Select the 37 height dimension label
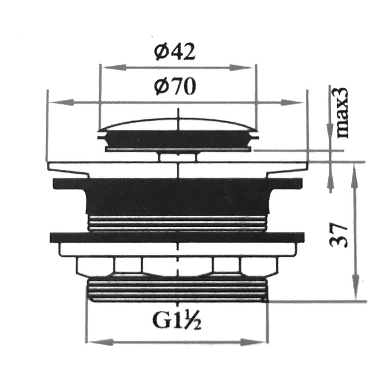(338, 235)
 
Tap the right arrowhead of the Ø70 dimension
(292, 102)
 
